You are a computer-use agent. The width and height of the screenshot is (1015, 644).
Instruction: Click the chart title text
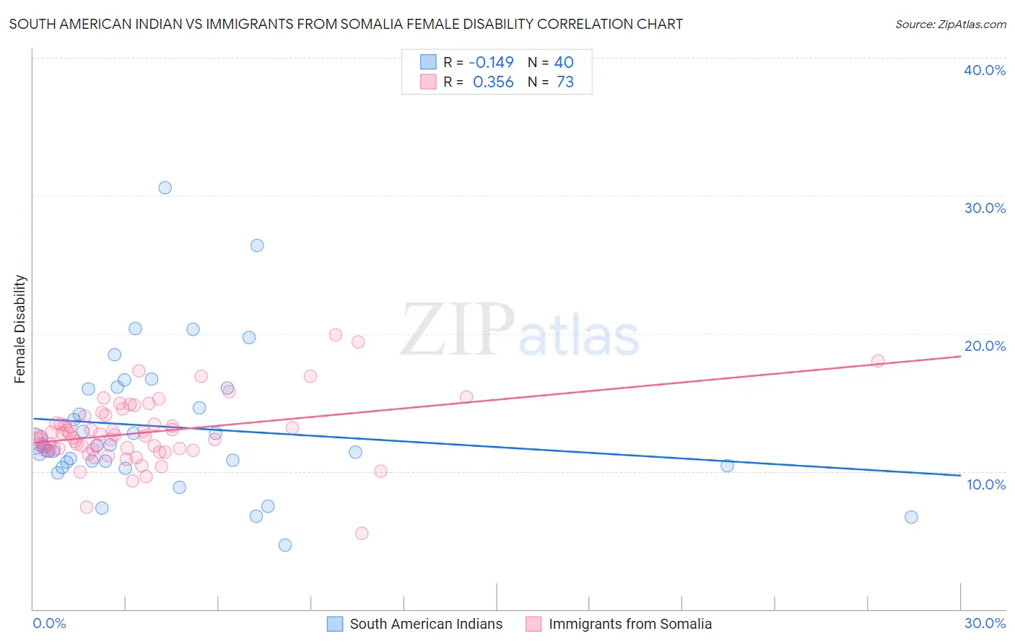346,24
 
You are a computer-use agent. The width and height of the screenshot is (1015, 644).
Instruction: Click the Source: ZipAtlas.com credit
950,24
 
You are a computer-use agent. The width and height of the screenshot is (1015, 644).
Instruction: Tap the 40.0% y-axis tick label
984,70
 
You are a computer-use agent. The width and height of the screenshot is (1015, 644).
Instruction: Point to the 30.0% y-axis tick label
984,208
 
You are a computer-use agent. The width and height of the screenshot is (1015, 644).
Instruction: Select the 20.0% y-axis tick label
984,346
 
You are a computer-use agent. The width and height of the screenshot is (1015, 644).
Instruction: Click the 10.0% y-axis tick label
985,484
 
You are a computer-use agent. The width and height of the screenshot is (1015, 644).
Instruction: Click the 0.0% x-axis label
49,623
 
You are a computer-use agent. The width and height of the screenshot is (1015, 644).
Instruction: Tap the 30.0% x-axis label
985,623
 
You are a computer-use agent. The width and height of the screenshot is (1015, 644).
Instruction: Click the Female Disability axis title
20,328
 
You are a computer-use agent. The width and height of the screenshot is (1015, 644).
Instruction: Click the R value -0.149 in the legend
491,63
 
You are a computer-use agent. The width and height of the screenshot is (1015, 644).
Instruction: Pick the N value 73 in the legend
565,82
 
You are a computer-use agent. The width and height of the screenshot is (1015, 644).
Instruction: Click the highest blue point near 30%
165,188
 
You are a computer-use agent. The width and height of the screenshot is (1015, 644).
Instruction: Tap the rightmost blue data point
911,517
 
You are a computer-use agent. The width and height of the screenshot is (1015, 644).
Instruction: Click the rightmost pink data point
878,361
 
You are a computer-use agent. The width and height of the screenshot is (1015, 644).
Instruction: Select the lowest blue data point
285,545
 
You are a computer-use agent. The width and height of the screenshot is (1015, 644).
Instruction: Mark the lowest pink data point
362,534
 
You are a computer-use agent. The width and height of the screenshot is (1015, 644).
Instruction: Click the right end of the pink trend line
960,357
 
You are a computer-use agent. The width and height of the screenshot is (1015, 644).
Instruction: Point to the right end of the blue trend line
960,475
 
